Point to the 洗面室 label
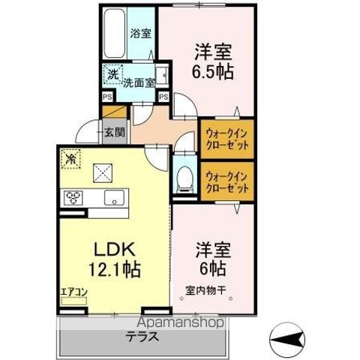[x=139, y=83]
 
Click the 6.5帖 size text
[x=213, y=73]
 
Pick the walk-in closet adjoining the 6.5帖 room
[x=226, y=137]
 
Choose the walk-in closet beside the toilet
[x=226, y=181]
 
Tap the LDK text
[x=109, y=248]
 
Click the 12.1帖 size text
[x=109, y=268]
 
